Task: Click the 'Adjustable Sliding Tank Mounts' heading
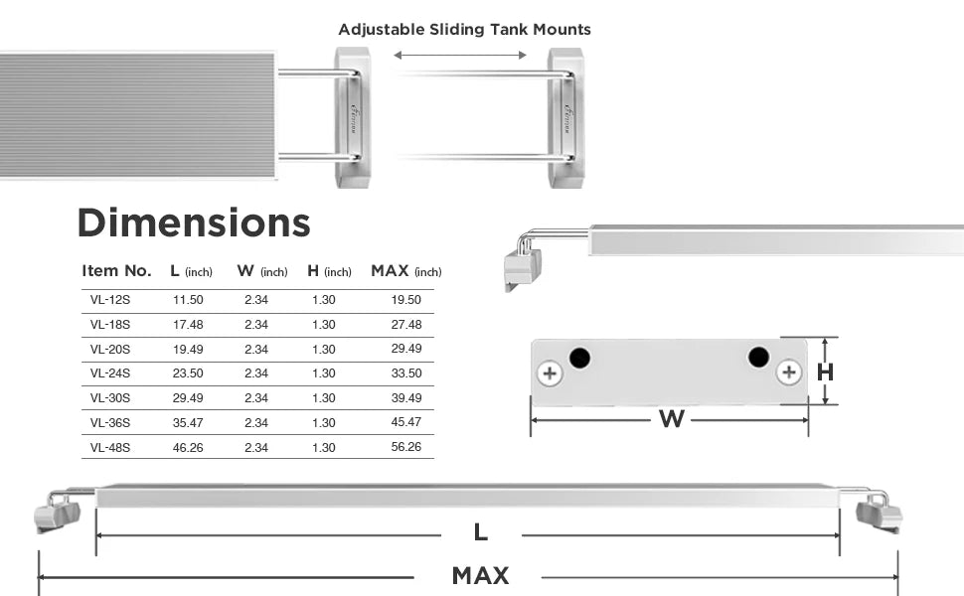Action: (x=464, y=30)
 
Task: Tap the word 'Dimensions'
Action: (x=194, y=223)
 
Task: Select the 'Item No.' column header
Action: (x=116, y=271)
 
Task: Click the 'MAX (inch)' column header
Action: (x=406, y=271)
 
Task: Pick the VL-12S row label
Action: (x=110, y=300)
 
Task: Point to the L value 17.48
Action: (x=188, y=325)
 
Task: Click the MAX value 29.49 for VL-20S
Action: (x=406, y=349)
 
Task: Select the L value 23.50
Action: (x=188, y=372)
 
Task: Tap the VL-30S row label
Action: (x=110, y=397)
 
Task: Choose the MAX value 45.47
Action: (x=406, y=422)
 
